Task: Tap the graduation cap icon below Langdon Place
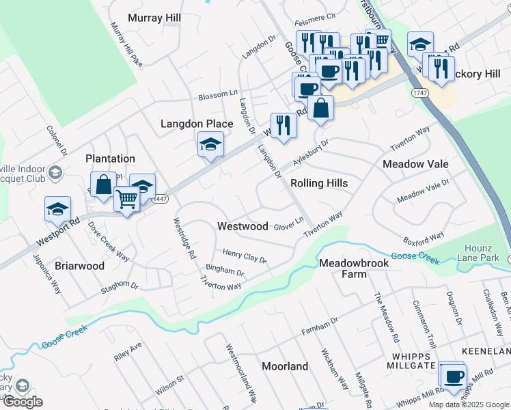point(210,144)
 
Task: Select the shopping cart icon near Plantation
point(127,200)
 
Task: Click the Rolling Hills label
point(319,183)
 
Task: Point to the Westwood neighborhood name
point(243,226)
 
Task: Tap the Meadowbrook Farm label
point(353,269)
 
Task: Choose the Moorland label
point(285,366)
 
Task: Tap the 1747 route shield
point(420,92)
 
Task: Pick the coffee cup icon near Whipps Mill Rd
point(453,377)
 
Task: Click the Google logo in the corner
point(23,402)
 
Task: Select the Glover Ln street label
point(288,223)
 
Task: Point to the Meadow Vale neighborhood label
point(415,164)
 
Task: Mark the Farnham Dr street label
point(320,327)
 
